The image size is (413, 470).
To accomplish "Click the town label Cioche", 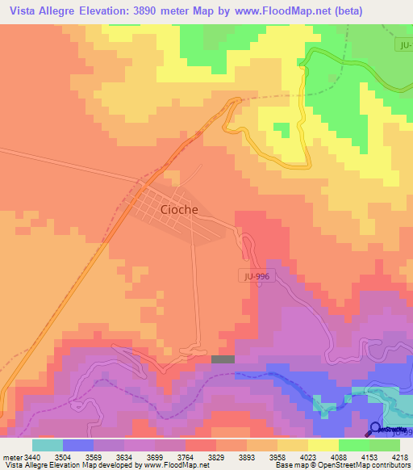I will click(x=179, y=209).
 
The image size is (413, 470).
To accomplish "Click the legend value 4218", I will click(x=398, y=457).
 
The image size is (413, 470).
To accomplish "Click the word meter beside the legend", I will click(x=13, y=457).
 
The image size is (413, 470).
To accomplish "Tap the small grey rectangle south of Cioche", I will click(x=223, y=359).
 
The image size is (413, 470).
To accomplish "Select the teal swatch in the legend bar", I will click(x=48, y=445).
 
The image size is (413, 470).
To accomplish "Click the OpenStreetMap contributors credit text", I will click(x=362, y=465).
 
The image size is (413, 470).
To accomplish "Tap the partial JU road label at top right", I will click(x=406, y=45).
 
